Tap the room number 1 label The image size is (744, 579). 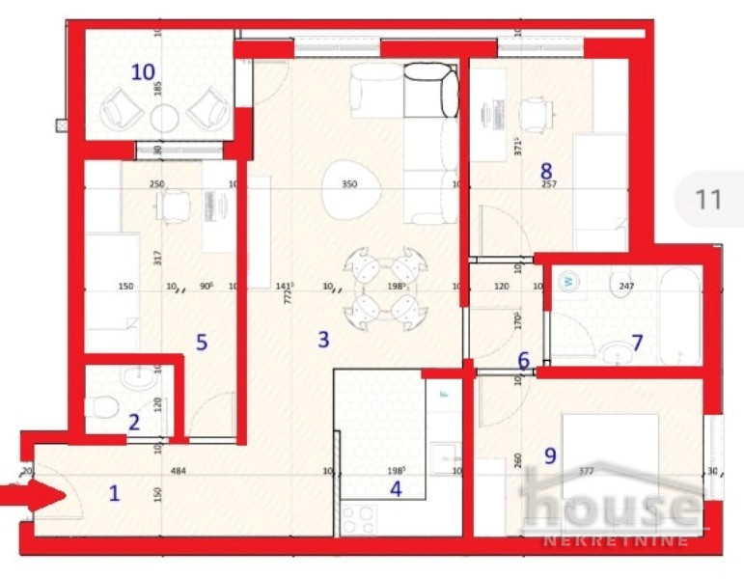114,493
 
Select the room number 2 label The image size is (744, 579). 134,422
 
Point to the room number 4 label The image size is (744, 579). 395,488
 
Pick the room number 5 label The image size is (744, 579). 202,343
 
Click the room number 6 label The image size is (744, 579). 523,361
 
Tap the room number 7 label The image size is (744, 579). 636,342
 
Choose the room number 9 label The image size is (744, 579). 550,455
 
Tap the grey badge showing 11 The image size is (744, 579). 708,200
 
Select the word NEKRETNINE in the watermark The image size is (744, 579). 618,540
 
